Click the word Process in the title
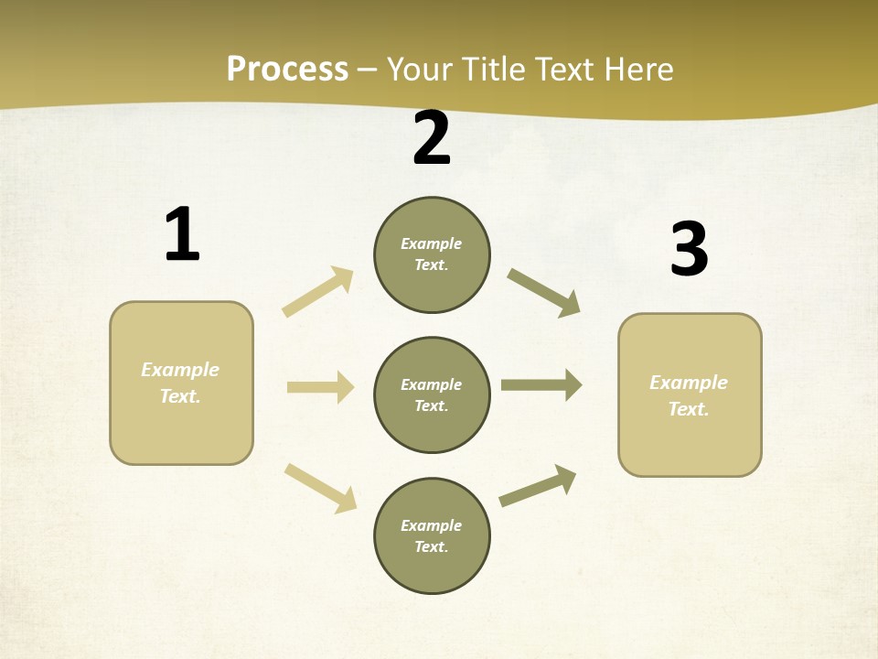pyautogui.click(x=287, y=70)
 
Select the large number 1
pyautogui.click(x=181, y=235)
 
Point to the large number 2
pyautogui.click(x=432, y=138)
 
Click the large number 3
pyautogui.click(x=689, y=250)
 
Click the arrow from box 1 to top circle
pyautogui.click(x=318, y=292)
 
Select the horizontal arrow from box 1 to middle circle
pyautogui.click(x=320, y=387)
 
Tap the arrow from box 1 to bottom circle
pyautogui.click(x=320, y=487)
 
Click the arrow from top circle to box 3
pyautogui.click(x=544, y=293)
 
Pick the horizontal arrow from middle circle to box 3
pyautogui.click(x=541, y=385)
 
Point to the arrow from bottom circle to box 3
pyautogui.click(x=538, y=486)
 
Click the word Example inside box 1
pyautogui.click(x=180, y=370)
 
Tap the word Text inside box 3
pyautogui.click(x=688, y=409)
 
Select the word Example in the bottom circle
pyautogui.click(x=431, y=525)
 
